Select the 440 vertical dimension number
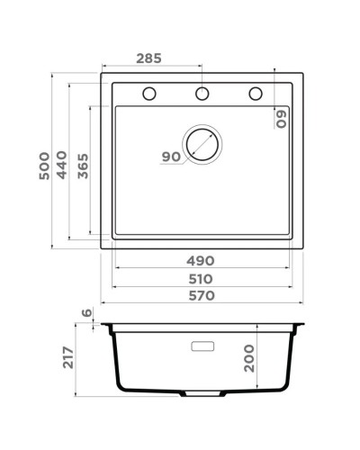62,166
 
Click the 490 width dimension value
201,260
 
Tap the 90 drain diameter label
171,157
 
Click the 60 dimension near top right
281,119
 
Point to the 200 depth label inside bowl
252,358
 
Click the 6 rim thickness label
86,313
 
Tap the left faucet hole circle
149,94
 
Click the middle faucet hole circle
202,94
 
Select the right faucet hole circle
256,94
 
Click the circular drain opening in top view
202,144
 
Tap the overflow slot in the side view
202,346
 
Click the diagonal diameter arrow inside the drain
203,143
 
